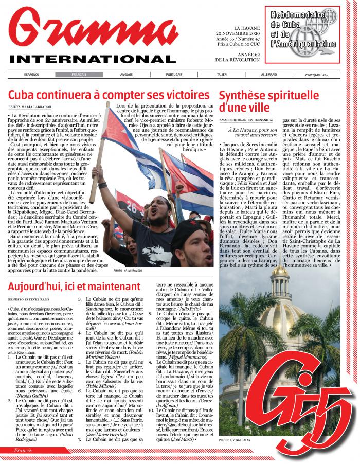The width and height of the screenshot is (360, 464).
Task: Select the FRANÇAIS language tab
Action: (x=79, y=75)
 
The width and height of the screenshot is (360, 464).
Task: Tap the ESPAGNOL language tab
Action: (x=31, y=75)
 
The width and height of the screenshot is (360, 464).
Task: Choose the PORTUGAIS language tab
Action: (x=174, y=75)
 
